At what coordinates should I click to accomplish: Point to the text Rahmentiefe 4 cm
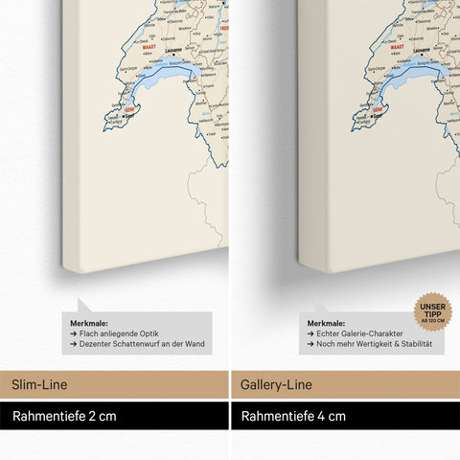click(293, 416)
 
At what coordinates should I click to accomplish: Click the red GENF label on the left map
click(131, 110)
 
